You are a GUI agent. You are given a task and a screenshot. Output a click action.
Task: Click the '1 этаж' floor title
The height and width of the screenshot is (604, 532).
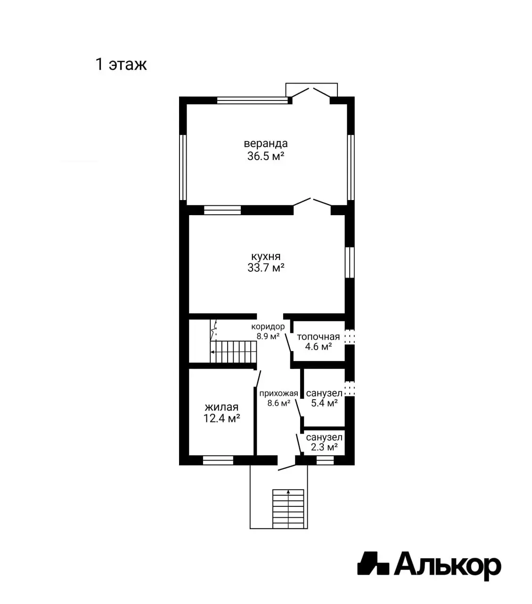(x=121, y=64)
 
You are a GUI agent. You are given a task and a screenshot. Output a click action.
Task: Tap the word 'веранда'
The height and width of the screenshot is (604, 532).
(x=265, y=143)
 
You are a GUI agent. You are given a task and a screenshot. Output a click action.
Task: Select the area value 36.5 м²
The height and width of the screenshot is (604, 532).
(x=265, y=156)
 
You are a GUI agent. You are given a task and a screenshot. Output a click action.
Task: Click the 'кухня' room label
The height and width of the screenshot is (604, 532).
(x=265, y=256)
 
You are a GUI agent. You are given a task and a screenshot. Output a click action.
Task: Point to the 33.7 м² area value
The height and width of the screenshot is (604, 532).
(x=265, y=268)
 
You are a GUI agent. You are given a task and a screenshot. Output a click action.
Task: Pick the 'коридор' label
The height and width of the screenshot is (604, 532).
(x=268, y=327)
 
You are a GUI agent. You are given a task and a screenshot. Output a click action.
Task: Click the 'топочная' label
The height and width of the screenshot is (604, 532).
(x=318, y=337)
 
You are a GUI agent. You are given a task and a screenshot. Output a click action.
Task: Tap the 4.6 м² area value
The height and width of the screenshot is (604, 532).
(x=318, y=347)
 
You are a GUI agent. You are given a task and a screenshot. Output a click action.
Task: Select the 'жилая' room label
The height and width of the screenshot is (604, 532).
(x=221, y=407)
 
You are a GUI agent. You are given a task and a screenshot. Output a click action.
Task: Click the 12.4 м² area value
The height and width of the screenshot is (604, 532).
(x=221, y=418)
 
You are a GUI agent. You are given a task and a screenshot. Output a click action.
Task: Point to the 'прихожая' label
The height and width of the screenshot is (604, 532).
(x=278, y=394)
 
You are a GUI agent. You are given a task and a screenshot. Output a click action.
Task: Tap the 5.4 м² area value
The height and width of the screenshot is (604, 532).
(x=324, y=403)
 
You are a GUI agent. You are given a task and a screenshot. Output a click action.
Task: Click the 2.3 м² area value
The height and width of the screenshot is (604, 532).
(x=324, y=447)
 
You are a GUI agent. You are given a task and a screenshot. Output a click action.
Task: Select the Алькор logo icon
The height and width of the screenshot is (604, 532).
(x=373, y=564)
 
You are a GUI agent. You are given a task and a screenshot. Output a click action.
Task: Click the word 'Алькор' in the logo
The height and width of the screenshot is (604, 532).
(x=448, y=565)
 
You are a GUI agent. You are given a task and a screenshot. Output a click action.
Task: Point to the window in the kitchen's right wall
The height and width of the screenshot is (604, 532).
(x=349, y=262)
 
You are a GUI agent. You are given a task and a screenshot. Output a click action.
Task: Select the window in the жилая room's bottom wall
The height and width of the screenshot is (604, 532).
(x=218, y=460)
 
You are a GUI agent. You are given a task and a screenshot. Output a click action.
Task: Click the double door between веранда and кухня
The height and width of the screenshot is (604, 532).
(x=312, y=203)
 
